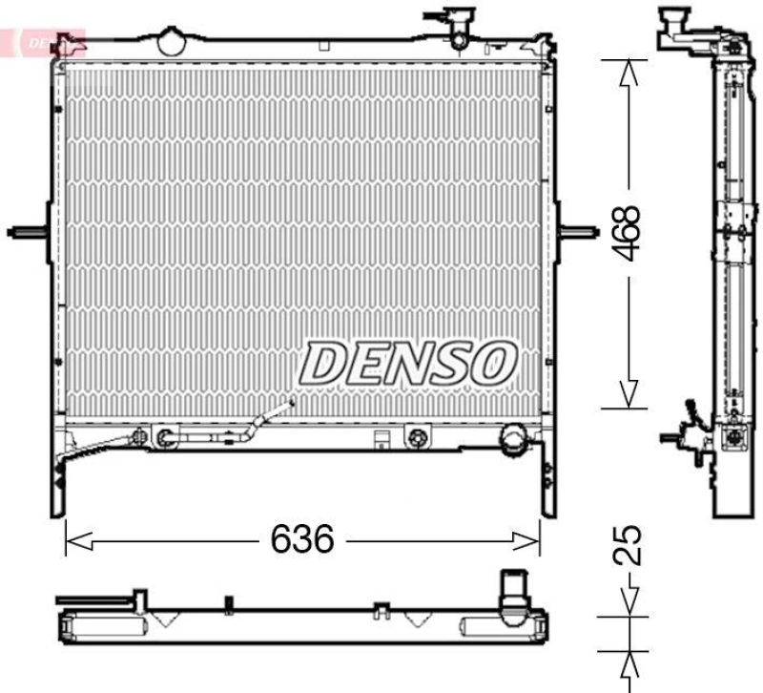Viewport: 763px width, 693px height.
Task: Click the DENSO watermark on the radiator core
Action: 409,362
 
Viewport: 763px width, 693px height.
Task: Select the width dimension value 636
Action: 302,540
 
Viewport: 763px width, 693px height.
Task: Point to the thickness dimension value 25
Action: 627,545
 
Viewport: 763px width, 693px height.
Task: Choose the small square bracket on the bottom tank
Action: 381,439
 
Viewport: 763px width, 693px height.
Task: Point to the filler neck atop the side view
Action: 674,21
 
